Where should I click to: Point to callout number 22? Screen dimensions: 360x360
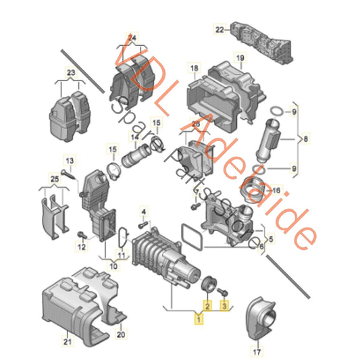click(x=219, y=30)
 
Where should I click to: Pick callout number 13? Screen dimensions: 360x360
click(x=68, y=160)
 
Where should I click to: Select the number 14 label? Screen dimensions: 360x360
click(x=134, y=137)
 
